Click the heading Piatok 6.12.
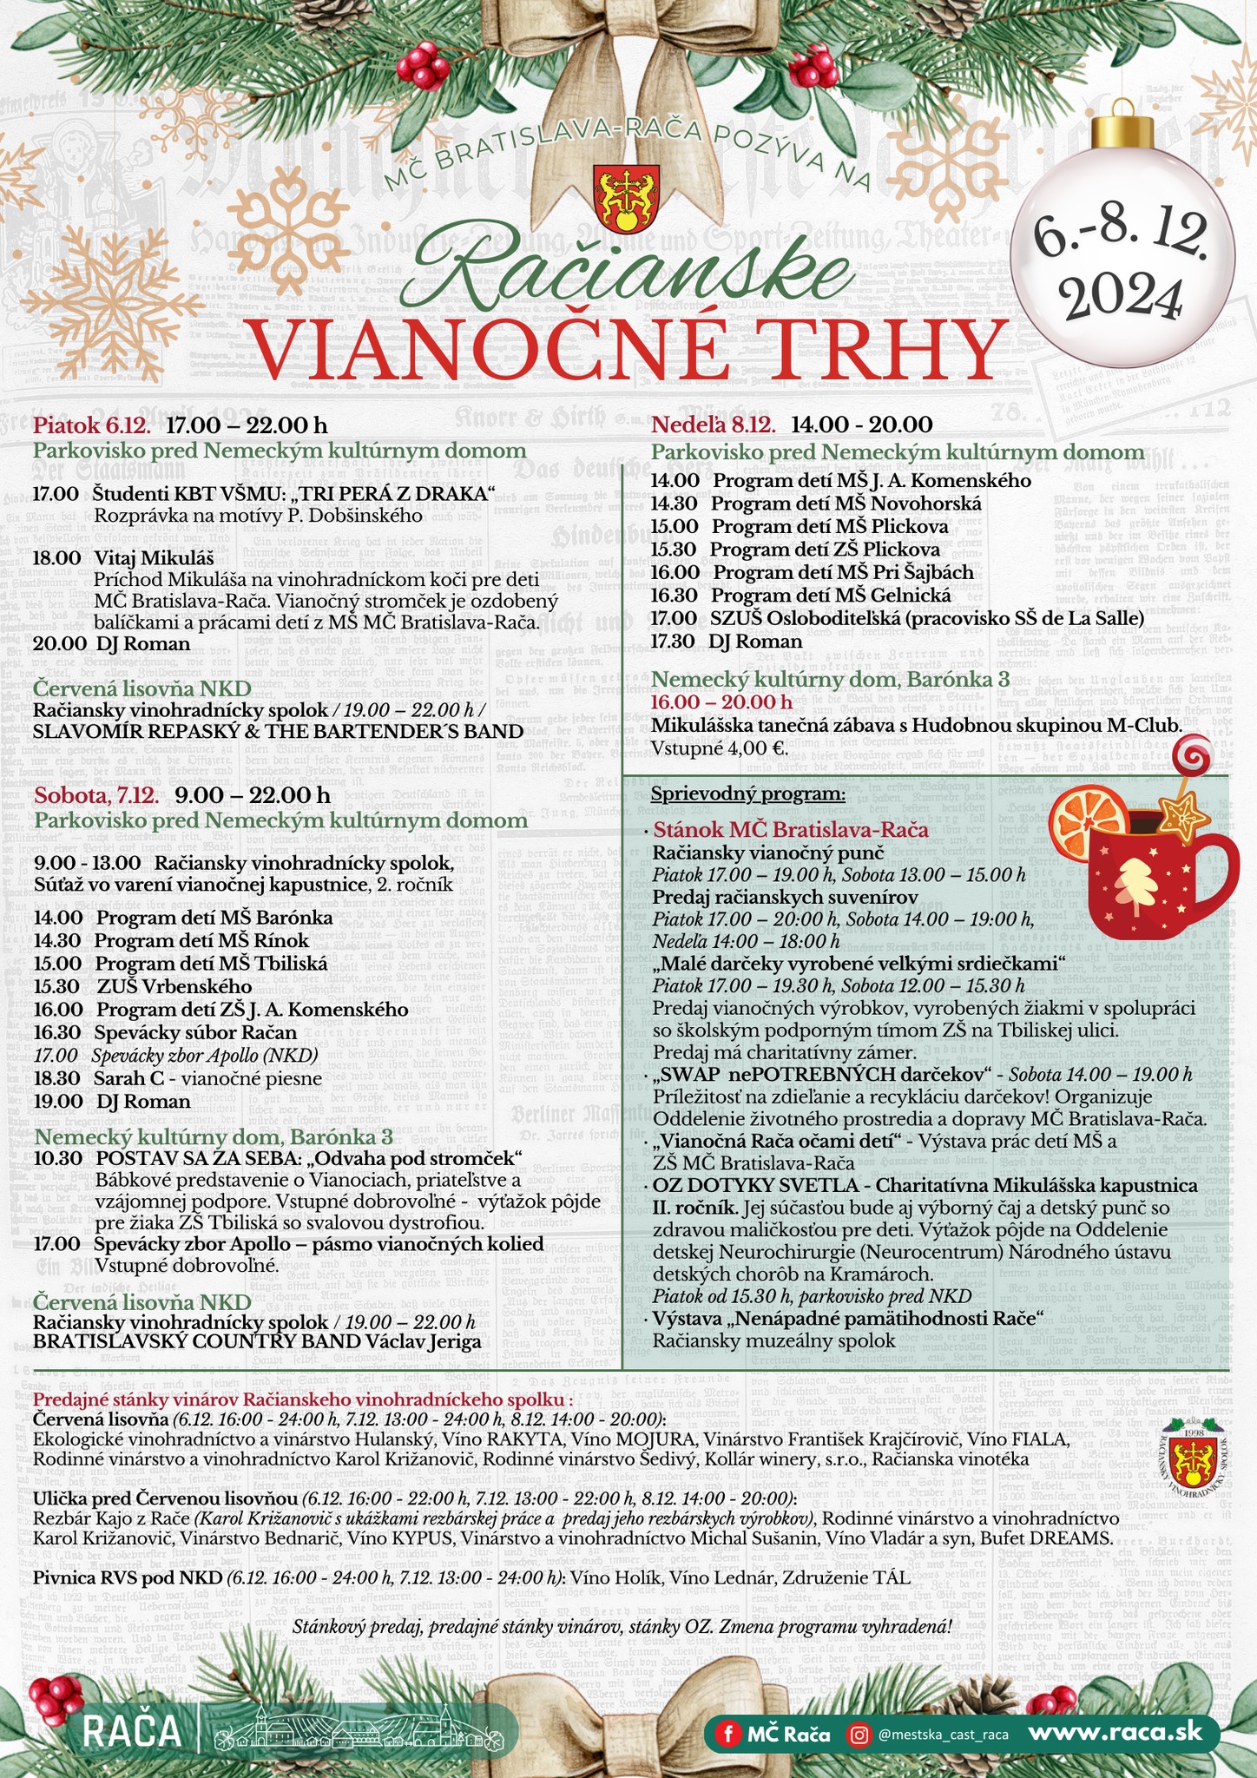point(92,425)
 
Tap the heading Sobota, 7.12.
point(95,795)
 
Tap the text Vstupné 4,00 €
point(720,748)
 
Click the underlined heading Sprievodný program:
point(747,794)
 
